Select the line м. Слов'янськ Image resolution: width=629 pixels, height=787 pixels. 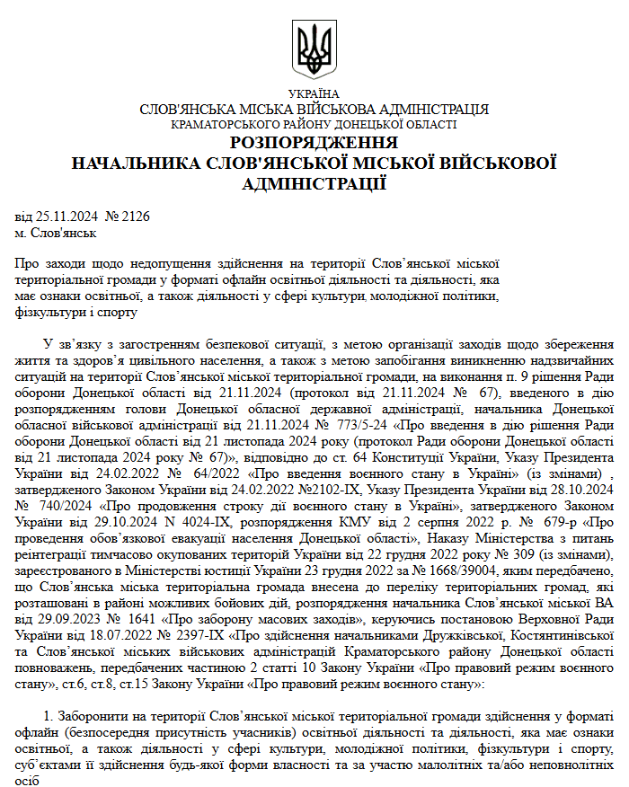pos(55,233)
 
